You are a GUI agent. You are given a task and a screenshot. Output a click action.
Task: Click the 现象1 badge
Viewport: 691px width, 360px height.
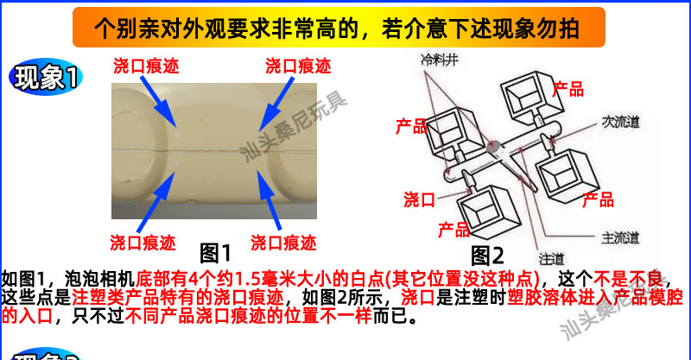coord(44,79)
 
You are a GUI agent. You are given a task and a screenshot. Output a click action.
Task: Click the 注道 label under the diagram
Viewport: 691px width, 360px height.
coord(550,256)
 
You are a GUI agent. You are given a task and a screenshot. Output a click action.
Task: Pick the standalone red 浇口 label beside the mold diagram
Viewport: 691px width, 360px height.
coord(419,200)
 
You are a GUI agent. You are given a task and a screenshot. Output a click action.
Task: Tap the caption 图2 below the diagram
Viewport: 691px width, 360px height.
coord(486,256)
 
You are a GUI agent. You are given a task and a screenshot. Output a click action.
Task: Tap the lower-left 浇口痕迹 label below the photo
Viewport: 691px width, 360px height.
coord(143,242)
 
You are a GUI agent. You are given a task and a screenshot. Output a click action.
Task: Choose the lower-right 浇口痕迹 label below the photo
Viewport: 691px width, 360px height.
coord(283,242)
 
